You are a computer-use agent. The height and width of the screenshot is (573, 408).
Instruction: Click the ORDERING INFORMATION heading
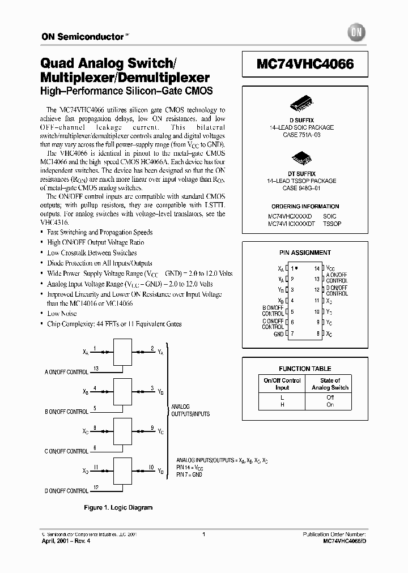point(305,207)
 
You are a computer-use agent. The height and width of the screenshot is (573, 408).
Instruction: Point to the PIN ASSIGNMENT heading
point(305,253)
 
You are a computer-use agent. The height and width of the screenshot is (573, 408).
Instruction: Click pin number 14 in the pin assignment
point(317,268)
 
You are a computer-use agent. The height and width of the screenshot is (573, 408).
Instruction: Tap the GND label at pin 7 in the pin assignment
point(278,334)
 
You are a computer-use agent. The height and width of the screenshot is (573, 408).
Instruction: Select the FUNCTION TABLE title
point(305,369)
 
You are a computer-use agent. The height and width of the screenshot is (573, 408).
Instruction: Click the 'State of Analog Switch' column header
point(330,384)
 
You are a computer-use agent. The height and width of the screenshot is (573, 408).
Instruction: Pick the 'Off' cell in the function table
point(330,397)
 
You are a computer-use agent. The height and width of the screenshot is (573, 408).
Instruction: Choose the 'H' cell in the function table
point(282,405)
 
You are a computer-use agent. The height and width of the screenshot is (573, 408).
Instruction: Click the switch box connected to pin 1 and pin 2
point(124,353)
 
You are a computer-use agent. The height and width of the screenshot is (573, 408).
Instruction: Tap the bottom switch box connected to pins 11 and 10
point(124,471)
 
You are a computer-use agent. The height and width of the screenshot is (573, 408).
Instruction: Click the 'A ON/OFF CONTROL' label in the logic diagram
point(67,372)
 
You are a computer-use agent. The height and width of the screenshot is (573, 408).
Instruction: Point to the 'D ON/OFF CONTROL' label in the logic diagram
point(67,490)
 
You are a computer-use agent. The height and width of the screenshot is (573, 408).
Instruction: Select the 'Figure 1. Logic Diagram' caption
point(118,508)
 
